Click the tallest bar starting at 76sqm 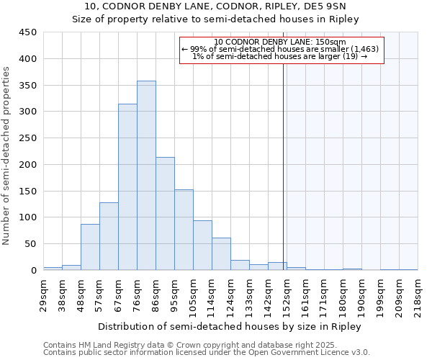point(146,176)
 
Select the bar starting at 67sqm point(127,187)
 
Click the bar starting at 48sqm point(90,247)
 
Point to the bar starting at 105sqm point(202,246)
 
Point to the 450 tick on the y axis point(28,32)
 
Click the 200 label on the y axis point(28,164)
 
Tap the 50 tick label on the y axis point(31,244)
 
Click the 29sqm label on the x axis point(43,294)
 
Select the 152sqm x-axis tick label point(287,294)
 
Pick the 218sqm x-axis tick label point(418,294)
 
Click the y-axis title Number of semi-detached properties point(7,156)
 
